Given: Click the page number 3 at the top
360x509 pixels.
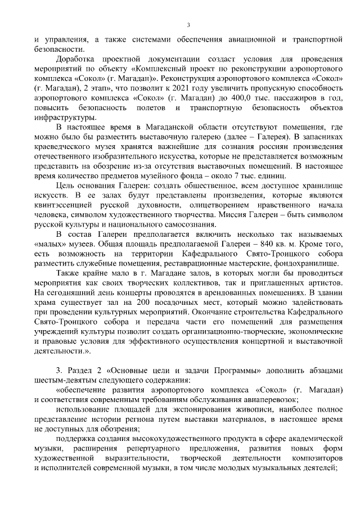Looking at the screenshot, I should click(188, 25).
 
